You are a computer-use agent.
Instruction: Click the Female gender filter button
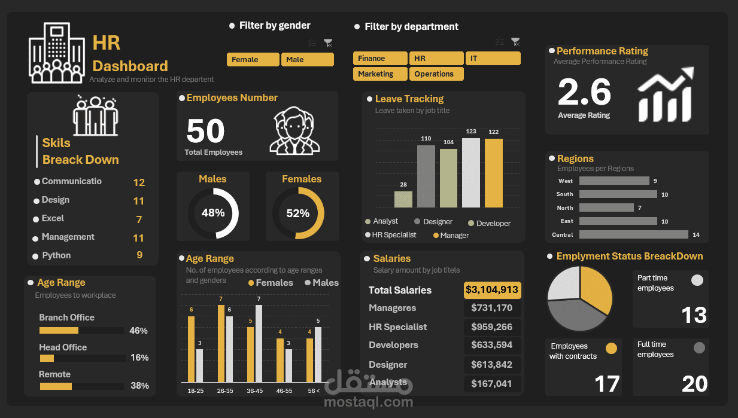[253, 60]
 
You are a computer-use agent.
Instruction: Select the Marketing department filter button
[379, 74]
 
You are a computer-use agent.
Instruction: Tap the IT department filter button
[493, 59]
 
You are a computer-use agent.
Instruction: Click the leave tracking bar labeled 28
[403, 199]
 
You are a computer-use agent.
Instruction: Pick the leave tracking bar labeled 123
[471, 173]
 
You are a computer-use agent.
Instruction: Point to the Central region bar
[633, 235]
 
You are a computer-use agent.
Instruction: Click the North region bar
[606, 208]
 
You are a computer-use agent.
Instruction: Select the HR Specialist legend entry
[394, 235]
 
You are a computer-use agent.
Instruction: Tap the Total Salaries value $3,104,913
[492, 290]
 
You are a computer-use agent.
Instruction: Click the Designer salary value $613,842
[491, 365]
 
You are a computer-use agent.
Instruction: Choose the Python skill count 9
[139, 255]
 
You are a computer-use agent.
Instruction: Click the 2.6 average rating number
[584, 93]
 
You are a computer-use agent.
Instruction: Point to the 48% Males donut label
[212, 213]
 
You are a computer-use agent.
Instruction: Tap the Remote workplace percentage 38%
[139, 386]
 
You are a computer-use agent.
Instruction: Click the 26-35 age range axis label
[225, 390]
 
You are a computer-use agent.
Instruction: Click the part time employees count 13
[694, 315]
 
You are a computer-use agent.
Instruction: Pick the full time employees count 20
[694, 384]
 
